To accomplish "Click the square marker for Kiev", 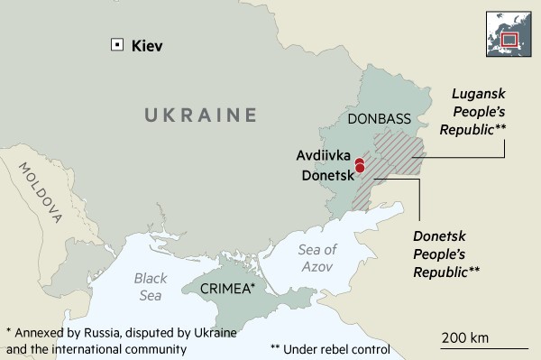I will coord(115,44).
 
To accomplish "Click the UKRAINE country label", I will coord(195,115).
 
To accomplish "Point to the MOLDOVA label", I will coord(40,191).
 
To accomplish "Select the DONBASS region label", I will coord(379,119).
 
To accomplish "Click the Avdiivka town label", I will coord(324,154).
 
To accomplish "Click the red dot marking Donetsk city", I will coord(360,168).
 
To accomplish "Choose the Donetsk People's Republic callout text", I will coord(446,253).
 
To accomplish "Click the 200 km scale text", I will coord(464,337).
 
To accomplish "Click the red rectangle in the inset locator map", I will coord(510,39).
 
